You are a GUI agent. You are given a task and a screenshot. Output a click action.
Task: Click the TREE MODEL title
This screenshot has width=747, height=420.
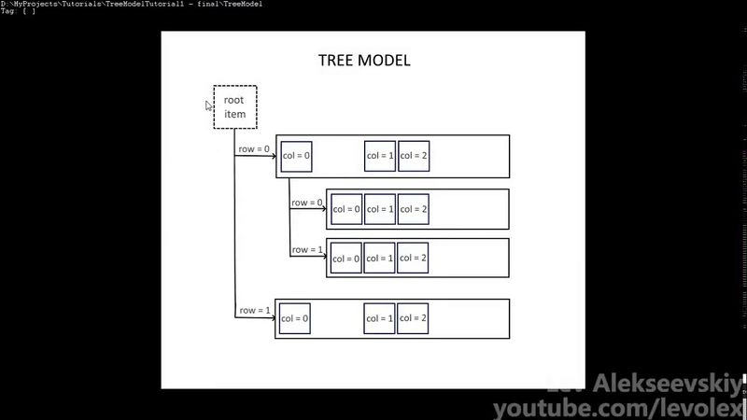tap(364, 61)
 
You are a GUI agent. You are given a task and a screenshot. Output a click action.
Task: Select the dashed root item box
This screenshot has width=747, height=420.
tap(234, 107)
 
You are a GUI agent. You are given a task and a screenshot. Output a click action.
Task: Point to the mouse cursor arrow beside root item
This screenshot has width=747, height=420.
tap(209, 105)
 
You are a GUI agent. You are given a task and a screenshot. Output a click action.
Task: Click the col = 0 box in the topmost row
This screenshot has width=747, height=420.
tap(295, 156)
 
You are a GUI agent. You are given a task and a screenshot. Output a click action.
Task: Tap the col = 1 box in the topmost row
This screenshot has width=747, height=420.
tap(380, 156)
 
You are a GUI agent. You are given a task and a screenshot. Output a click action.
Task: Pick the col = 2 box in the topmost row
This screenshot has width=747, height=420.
tap(413, 156)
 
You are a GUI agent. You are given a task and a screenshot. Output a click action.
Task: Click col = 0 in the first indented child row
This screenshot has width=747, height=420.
tap(345, 209)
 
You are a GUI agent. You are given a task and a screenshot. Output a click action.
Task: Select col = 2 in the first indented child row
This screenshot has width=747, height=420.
tap(413, 209)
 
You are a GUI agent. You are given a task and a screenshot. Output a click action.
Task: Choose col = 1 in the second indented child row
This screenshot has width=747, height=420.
tap(379, 258)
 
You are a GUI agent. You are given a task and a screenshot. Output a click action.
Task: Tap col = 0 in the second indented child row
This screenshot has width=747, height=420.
tap(345, 258)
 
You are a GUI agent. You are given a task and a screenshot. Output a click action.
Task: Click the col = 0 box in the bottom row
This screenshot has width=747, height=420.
tap(294, 318)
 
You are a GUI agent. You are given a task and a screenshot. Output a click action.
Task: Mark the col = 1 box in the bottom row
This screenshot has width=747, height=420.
tap(380, 318)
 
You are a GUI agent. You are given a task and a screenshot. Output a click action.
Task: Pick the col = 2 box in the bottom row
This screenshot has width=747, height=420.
tap(413, 318)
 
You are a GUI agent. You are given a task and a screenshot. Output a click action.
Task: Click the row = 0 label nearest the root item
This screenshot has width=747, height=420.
tap(253, 148)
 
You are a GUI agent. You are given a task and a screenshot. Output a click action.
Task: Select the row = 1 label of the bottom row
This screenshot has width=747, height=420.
tap(254, 310)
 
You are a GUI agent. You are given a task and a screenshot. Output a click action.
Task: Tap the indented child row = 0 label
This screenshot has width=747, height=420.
tap(307, 202)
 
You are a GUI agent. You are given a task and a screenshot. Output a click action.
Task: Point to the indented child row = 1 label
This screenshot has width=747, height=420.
tap(307, 249)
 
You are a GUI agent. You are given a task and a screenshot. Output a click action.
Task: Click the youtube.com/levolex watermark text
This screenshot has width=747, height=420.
tap(618, 408)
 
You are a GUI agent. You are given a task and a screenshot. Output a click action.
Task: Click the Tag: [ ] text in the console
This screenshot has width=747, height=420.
tap(18, 11)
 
